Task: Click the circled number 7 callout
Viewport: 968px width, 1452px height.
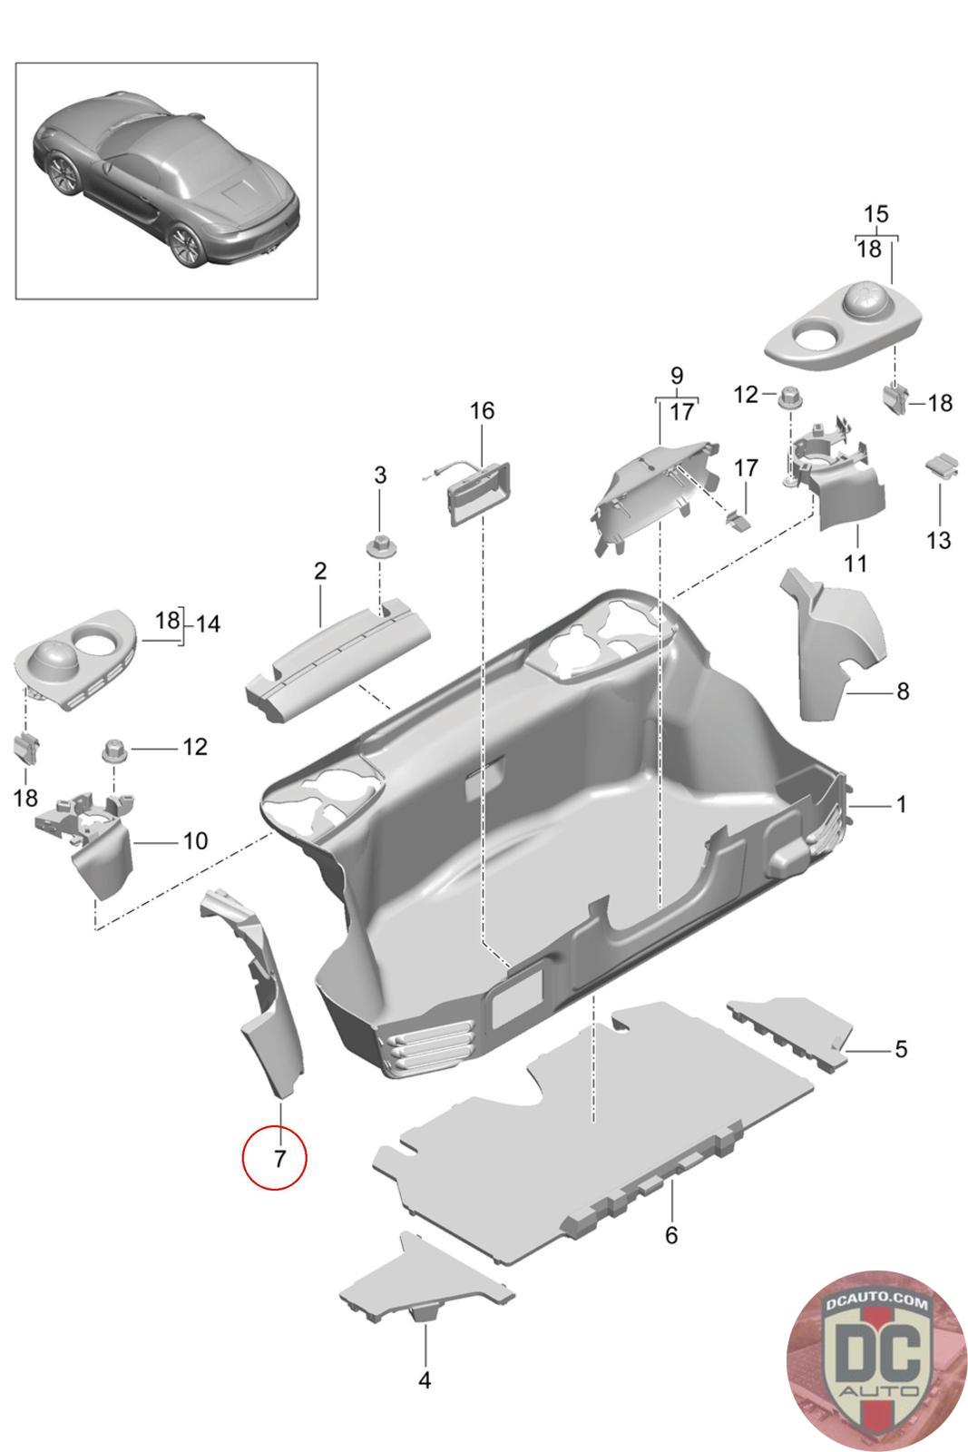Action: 275,1157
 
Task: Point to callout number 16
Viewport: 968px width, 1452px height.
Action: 482,411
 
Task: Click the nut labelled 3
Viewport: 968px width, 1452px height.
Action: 379,547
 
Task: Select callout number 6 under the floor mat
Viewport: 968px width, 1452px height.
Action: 671,1235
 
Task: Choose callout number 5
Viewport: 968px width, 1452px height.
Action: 900,1049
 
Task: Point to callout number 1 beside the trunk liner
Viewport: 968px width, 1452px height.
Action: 901,804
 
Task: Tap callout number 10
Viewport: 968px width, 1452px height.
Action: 195,840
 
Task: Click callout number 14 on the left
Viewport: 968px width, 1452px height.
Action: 208,623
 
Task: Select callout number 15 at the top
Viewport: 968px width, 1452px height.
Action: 875,214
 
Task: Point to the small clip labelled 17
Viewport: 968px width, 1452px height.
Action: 738,519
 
